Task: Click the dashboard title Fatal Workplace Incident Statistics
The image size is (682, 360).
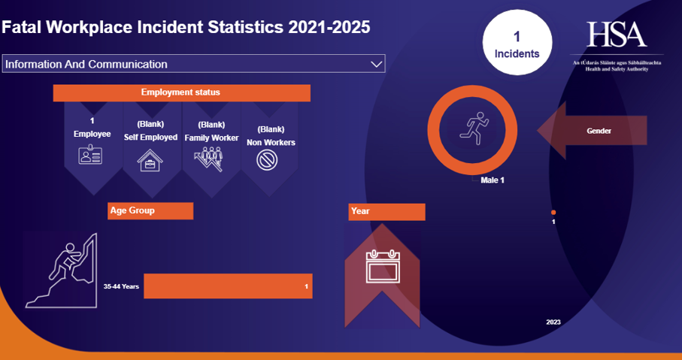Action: point(186,27)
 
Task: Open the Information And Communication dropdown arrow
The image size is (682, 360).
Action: point(377,65)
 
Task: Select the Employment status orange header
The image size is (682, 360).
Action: point(181,93)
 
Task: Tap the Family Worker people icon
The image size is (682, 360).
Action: point(211,159)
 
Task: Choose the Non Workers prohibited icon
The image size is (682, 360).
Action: point(268,160)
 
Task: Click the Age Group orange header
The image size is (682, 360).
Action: point(150,210)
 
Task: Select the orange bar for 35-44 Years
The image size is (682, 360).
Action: point(228,286)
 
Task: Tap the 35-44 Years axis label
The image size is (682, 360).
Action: point(121,286)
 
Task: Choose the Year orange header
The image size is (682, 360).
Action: point(386,212)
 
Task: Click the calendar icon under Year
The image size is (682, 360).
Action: point(381,266)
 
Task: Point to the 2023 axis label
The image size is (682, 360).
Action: point(553,322)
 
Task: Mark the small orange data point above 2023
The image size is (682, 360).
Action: point(553,213)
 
